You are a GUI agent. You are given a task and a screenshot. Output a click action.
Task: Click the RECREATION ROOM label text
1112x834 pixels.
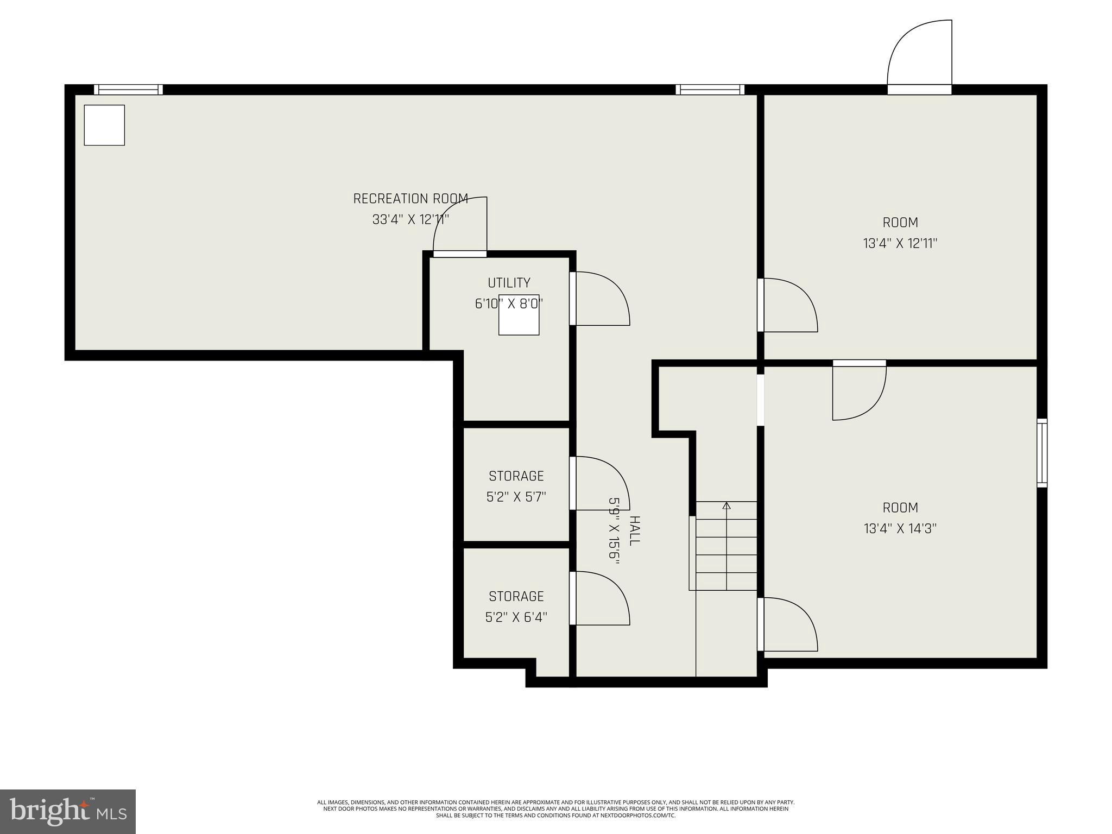click(x=410, y=199)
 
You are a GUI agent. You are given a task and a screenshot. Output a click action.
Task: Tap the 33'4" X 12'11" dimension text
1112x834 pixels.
click(x=410, y=220)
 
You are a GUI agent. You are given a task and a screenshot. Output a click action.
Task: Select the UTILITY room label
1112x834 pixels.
click(x=509, y=283)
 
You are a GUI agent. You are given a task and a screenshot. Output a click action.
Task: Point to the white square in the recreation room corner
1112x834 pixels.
click(x=104, y=125)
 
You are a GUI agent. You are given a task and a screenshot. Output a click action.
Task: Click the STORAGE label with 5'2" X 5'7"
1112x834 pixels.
click(x=516, y=476)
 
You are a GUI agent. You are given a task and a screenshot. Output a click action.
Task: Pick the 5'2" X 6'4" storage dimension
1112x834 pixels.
click(x=516, y=617)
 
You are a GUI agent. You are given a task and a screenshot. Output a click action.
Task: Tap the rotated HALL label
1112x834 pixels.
click(x=634, y=530)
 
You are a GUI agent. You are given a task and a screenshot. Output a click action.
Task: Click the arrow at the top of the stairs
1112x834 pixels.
click(x=726, y=506)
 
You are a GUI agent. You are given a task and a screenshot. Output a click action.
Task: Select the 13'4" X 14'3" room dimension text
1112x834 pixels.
click(x=900, y=528)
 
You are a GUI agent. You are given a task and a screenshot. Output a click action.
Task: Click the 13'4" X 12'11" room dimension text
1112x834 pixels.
click(x=900, y=243)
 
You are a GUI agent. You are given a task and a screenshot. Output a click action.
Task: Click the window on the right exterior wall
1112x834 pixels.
click(x=1041, y=453)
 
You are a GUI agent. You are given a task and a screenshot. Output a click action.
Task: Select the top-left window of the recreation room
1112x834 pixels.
click(x=128, y=90)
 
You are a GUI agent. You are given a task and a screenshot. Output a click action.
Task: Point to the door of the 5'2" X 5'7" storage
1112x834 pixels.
click(x=600, y=483)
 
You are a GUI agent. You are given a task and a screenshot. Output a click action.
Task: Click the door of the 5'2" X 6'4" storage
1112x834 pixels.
click(x=600, y=598)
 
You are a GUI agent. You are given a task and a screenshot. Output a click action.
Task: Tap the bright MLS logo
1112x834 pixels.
click(x=67, y=811)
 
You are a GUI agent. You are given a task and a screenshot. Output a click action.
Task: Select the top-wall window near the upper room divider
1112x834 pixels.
click(x=710, y=90)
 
